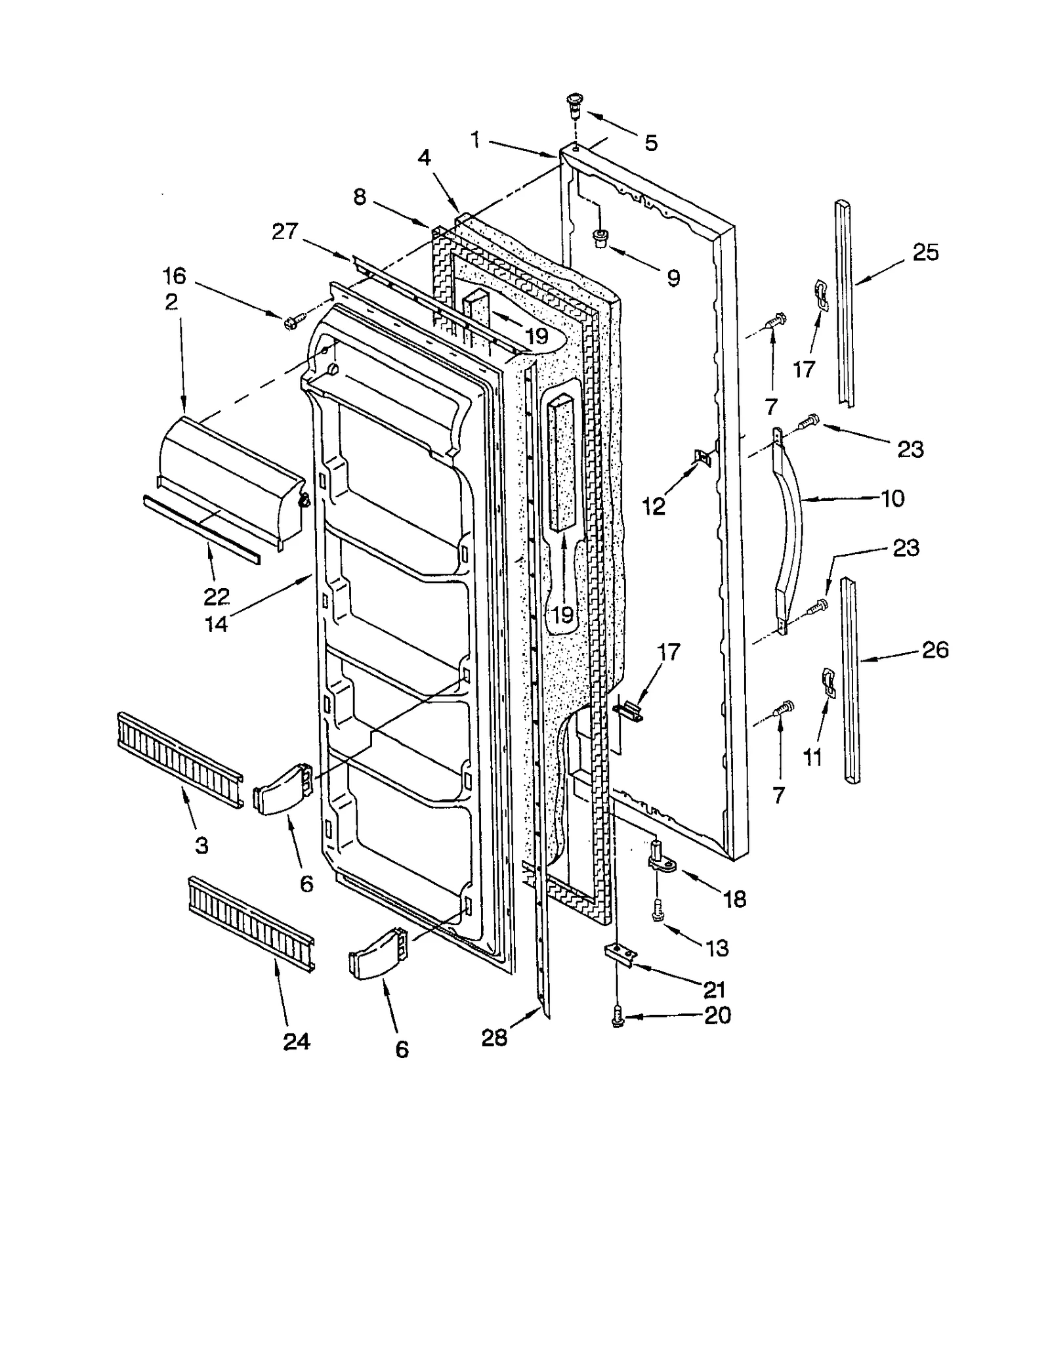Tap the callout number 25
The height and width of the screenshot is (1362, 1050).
tap(925, 253)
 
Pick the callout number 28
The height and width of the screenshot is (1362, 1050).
tap(494, 1038)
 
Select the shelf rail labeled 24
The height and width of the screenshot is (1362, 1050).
tap(251, 924)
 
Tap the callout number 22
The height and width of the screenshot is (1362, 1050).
tap(216, 596)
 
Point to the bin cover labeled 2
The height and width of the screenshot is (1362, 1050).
tap(230, 478)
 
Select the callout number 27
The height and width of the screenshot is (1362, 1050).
tap(285, 232)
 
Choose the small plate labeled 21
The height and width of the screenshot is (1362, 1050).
tap(621, 952)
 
